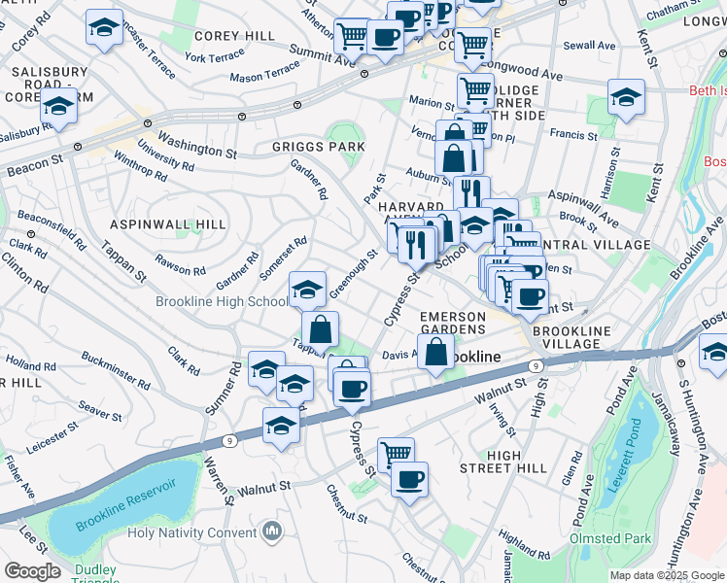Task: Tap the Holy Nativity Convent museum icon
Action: point(271,532)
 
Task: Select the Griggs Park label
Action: point(319,147)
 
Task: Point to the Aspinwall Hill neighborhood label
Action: point(167,223)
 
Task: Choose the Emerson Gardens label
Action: point(452,324)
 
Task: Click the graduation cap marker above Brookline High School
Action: point(307,289)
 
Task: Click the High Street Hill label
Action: point(517,462)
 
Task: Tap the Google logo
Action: point(32,570)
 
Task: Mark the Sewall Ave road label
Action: point(590,46)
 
